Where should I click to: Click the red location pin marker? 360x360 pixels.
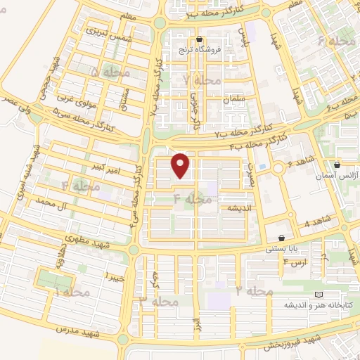[x=181, y=166]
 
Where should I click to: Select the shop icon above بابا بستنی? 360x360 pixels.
[x=282, y=238]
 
